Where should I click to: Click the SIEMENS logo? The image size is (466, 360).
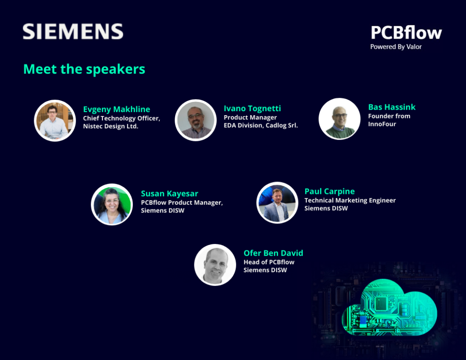(73, 31)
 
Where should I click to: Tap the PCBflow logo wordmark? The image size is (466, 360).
(406, 32)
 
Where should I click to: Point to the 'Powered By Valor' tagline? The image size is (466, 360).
(396, 47)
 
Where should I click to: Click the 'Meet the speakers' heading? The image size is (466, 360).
(84, 69)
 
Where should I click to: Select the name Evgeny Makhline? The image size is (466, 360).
(116, 109)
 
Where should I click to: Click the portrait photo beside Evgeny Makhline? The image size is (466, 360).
(55, 121)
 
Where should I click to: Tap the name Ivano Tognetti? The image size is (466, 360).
(252, 108)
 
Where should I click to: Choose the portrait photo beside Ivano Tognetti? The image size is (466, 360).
(196, 120)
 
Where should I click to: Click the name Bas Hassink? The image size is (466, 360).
(392, 107)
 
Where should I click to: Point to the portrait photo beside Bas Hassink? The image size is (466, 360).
(339, 119)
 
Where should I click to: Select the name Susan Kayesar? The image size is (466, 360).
(169, 193)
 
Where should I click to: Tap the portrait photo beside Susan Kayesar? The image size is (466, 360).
(112, 204)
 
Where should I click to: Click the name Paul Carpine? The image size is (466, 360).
(329, 192)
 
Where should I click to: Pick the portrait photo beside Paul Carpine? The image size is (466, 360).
(277, 203)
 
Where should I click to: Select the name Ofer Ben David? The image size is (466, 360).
(274, 253)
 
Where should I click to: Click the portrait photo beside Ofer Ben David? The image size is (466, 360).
(215, 265)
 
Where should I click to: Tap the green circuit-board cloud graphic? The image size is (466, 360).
(390, 308)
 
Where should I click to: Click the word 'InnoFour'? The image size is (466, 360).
(382, 124)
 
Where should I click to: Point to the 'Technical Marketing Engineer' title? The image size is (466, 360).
(350, 200)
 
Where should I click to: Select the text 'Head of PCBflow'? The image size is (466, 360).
(269, 262)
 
